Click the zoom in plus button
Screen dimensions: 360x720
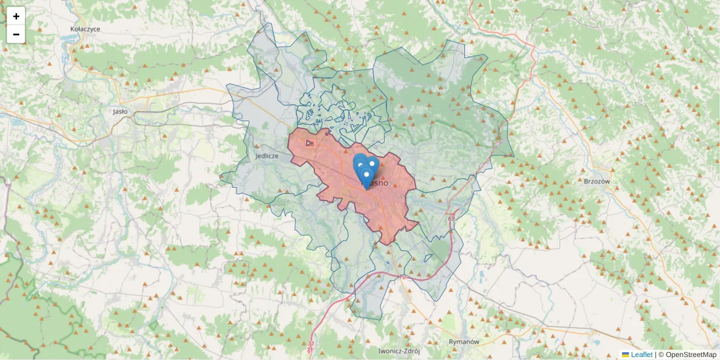[x=16, y=16]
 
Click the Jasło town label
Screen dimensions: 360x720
[x=121, y=111]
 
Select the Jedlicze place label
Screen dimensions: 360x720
[x=266, y=155]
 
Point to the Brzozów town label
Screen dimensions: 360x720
[x=596, y=181]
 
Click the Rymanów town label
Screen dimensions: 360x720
[x=464, y=341]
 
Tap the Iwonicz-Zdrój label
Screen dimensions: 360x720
[x=398, y=351]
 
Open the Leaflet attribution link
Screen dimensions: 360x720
[x=641, y=355]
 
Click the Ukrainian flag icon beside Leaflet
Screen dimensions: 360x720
[x=625, y=355]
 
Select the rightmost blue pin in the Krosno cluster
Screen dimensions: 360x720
[x=372, y=163]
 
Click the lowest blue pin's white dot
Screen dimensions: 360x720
[x=366, y=175]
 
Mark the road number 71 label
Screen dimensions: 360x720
[x=310, y=346]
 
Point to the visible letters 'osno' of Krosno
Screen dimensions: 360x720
[x=379, y=182]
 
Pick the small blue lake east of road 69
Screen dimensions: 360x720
[x=481, y=277]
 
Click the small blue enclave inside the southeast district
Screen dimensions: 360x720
[x=388, y=262]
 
